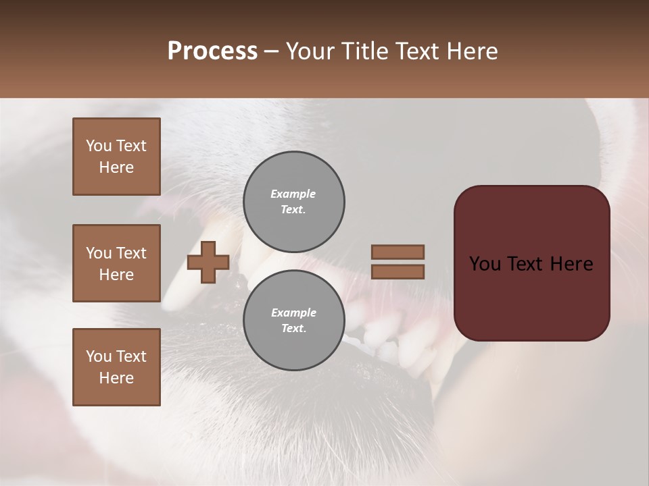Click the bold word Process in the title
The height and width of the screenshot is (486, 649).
tap(212, 51)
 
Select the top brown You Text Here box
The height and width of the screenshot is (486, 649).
tap(116, 157)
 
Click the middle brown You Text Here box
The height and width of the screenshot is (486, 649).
tap(116, 263)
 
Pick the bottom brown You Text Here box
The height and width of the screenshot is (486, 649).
tap(116, 367)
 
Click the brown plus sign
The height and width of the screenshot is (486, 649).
tap(208, 262)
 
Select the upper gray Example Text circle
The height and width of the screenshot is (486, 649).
tap(293, 201)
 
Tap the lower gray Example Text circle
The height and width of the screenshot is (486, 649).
tap(293, 320)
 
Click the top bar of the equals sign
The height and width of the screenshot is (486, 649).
tap(398, 252)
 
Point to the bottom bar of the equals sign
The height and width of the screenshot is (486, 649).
tap(398, 272)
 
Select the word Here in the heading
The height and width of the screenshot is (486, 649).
tap(471, 51)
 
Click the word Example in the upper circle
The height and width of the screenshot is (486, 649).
tap(293, 194)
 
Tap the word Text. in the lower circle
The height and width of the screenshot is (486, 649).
tap(293, 328)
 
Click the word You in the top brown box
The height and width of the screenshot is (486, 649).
tap(98, 146)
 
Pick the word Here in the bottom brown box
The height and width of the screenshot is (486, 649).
tap(116, 378)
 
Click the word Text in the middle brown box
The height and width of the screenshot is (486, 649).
tap(130, 253)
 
